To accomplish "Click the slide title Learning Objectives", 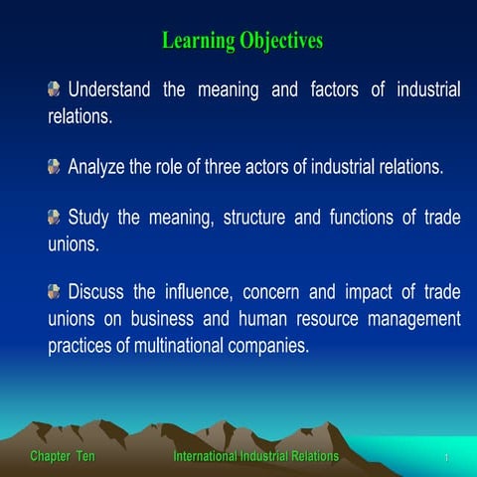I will [x=242, y=42].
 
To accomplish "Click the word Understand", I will [x=109, y=90].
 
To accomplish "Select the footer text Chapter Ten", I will [x=63, y=456].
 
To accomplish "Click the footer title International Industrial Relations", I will [x=255, y=456].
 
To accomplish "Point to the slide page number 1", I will [x=448, y=458].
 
